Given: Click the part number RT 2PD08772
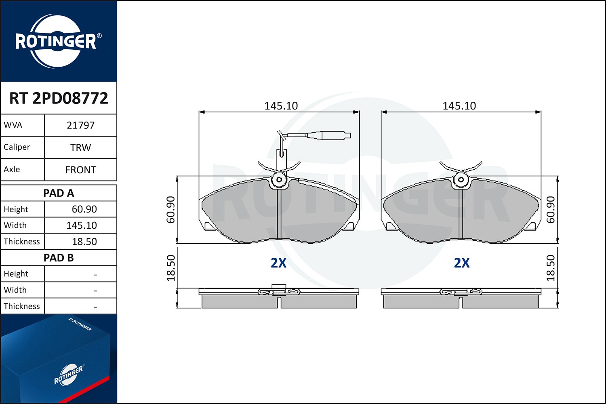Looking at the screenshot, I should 59,98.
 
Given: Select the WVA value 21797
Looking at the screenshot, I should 80,125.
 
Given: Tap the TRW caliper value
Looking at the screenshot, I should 80,147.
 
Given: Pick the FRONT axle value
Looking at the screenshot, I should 80,170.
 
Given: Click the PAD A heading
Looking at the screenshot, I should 59,193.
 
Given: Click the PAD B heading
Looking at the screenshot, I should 59,258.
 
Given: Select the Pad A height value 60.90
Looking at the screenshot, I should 84,209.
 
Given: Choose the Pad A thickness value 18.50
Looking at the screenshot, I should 84,242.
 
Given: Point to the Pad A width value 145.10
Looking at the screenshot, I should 82,225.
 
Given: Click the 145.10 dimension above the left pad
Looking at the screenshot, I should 281,106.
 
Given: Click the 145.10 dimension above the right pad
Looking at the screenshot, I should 459,106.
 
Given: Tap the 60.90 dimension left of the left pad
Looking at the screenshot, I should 171,210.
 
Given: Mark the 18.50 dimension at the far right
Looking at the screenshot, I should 551,268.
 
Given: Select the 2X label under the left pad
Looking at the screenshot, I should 278,263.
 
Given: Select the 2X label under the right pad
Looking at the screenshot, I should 462,263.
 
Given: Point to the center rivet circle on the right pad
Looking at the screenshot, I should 461,180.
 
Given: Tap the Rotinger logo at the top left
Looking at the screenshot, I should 57,41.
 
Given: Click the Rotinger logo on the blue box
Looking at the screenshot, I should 69,375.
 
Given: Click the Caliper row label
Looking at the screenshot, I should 17,147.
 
